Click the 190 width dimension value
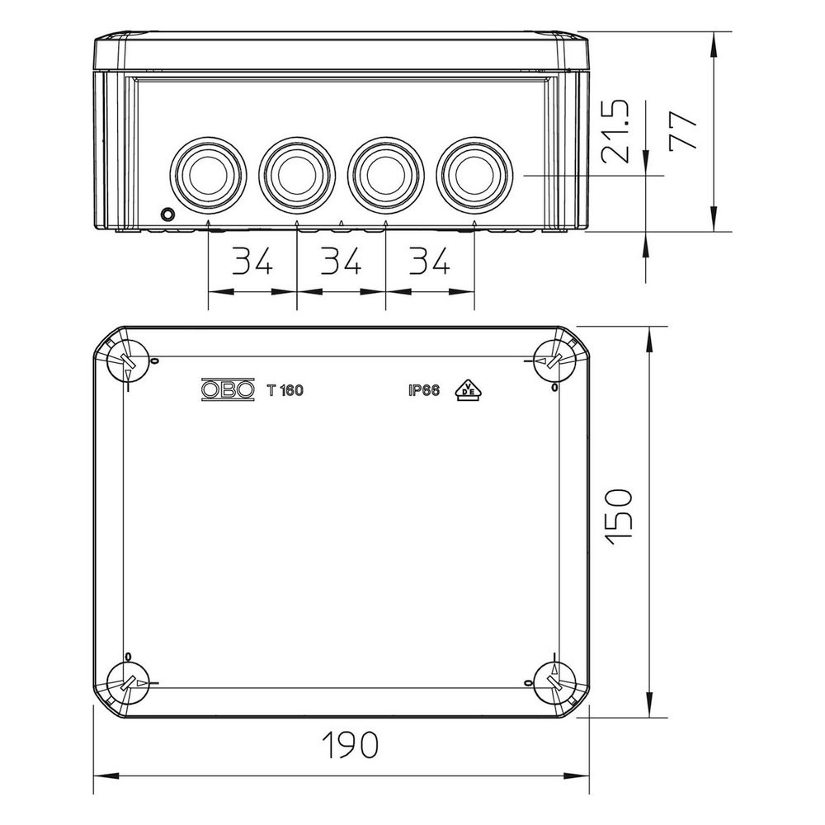(x=351, y=744)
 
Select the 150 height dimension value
(x=618, y=516)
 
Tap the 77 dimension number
(x=683, y=131)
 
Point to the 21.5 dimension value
(x=615, y=131)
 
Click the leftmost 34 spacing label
(x=252, y=261)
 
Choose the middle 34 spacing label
(x=341, y=261)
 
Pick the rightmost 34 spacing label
(x=430, y=261)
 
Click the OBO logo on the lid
(x=228, y=390)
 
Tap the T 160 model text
(x=285, y=390)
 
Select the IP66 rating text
(x=423, y=390)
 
